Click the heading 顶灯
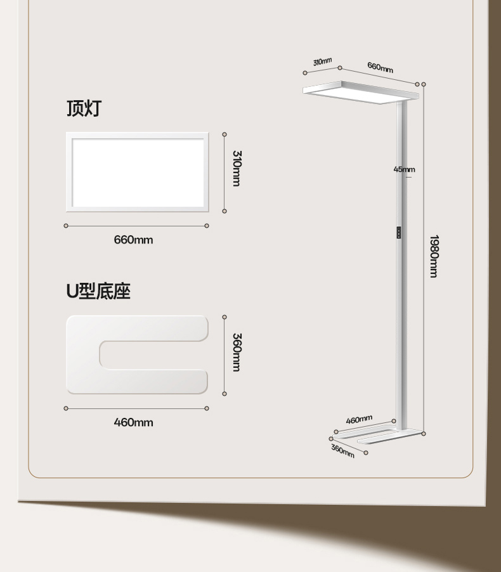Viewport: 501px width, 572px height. (x=84, y=108)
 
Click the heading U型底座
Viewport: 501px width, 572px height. (x=98, y=291)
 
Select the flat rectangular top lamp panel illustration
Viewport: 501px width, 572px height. (x=137, y=172)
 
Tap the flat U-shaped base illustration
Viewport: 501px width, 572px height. (x=136, y=355)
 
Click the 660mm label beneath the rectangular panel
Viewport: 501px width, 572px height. (x=133, y=240)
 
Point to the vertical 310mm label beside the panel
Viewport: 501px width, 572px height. (x=236, y=168)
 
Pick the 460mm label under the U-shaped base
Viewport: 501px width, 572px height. (x=133, y=422)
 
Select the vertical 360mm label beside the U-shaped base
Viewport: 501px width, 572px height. (x=236, y=352)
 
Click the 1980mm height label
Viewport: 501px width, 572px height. (x=434, y=256)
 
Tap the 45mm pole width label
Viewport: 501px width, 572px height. (x=404, y=169)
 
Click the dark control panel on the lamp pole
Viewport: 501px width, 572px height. (x=398, y=233)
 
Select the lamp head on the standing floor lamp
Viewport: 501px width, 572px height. (x=360, y=92)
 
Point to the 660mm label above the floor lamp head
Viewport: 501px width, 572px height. (x=380, y=67)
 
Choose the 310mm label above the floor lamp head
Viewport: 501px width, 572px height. (x=322, y=62)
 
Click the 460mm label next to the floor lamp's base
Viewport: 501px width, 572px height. (x=359, y=419)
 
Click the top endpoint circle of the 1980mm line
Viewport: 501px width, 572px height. (x=424, y=84)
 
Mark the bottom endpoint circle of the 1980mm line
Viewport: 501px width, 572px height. (x=424, y=434)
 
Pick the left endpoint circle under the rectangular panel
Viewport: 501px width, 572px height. (x=66, y=226)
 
